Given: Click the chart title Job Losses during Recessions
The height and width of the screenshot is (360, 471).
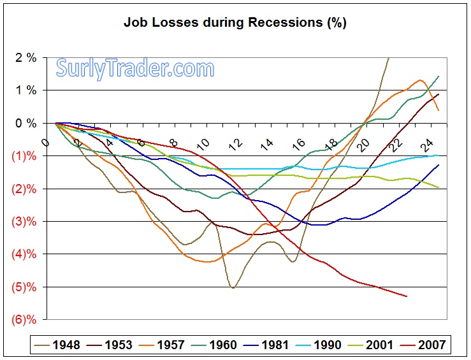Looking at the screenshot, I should [235, 24].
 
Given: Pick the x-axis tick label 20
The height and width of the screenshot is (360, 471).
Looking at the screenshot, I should [364, 145].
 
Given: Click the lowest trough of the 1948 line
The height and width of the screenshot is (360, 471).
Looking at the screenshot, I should [233, 288].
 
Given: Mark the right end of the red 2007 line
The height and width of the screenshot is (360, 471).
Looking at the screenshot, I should [406, 296].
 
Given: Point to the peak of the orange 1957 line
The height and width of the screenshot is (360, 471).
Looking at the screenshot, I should [421, 80].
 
